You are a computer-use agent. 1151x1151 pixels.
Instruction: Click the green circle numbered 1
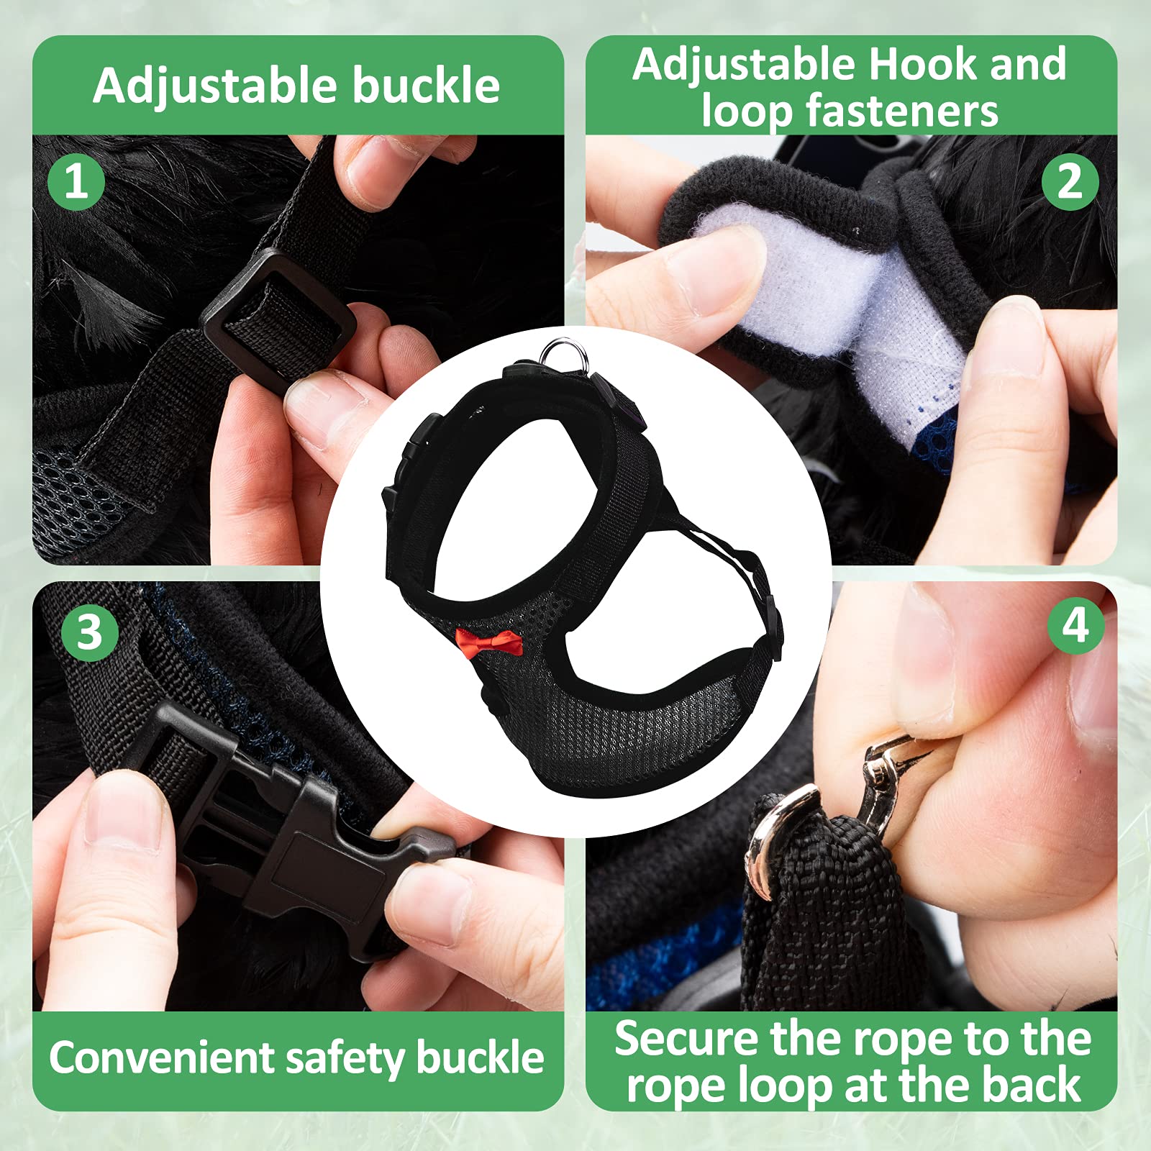coord(76,181)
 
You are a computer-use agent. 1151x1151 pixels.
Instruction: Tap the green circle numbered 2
coord(1070,181)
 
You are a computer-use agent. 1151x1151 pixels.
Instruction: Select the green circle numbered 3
coord(89,633)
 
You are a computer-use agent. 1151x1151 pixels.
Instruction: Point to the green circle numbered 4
coord(1075,625)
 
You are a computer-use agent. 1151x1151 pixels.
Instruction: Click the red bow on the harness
coord(488,642)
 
